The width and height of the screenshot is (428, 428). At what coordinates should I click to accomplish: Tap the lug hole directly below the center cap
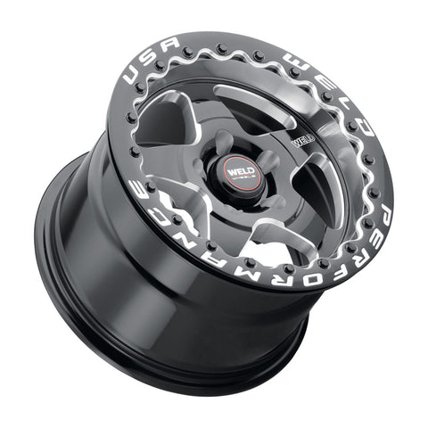pyautogui.click(x=235, y=202)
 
